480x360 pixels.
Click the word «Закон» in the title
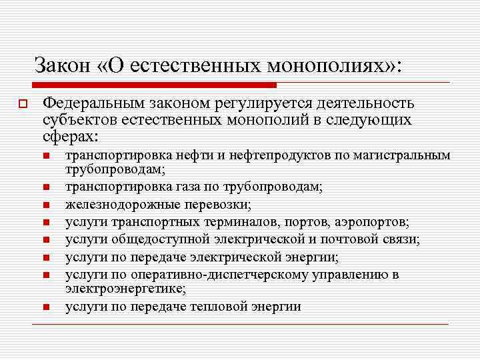60,65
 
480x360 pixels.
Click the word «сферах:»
69,135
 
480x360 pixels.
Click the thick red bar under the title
153,85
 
